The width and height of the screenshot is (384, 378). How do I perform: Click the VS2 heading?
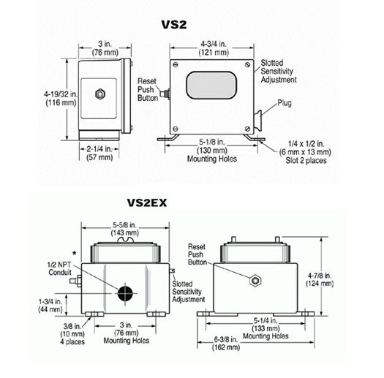[x=174, y=24]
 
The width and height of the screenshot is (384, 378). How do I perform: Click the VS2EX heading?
[x=147, y=203]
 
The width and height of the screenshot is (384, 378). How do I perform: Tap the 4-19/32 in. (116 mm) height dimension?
[x=60, y=98]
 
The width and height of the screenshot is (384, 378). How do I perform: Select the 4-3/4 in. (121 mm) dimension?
[x=214, y=48]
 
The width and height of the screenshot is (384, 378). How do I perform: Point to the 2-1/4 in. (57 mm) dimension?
[x=99, y=153]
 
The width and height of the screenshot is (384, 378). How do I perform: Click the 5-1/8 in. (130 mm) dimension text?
[x=212, y=146]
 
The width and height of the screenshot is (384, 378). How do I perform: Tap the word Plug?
[x=285, y=103]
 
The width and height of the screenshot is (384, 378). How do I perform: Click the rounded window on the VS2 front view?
[x=211, y=86]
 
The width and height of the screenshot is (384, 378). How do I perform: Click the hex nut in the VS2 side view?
[x=100, y=94]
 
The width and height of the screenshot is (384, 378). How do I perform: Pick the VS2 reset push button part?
[x=165, y=94]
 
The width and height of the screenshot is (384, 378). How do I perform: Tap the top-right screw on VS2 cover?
[x=248, y=64]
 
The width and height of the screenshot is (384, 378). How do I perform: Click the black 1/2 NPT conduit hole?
[x=125, y=293]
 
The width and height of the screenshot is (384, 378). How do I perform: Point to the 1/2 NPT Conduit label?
[x=59, y=268]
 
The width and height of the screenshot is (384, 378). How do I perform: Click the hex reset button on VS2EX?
[x=255, y=281]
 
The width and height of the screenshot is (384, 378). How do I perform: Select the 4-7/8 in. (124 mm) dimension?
[x=320, y=279]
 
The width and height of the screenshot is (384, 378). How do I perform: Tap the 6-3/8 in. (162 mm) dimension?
[x=226, y=343]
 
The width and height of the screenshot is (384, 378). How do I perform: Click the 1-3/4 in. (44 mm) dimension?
[x=50, y=306]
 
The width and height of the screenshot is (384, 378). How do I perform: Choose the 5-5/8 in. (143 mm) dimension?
[x=125, y=229]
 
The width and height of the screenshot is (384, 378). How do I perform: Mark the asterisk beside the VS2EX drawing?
[x=75, y=254]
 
